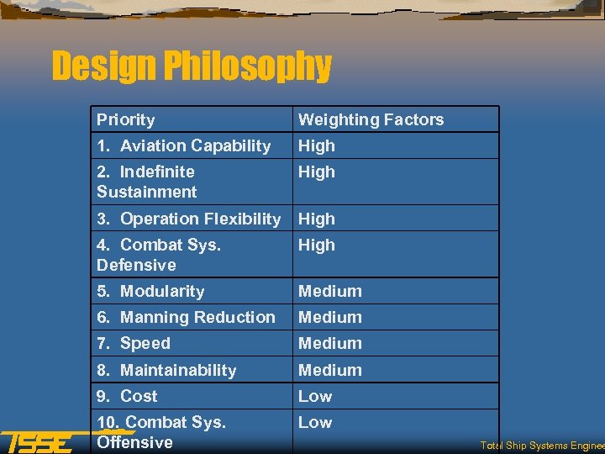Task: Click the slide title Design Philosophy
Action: pos(192,66)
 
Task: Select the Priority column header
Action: pos(126,119)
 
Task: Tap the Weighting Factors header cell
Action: pos(371,119)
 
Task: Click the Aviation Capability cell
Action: pos(184,145)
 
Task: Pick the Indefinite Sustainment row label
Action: pos(147,182)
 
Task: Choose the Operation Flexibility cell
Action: pos(189,219)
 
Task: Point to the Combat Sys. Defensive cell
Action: pos(158,255)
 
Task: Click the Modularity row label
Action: pos(151,291)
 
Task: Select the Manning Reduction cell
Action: pos(187,317)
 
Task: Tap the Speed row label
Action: pos(134,343)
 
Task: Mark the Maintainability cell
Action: pos(167,370)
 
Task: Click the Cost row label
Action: pos(128,396)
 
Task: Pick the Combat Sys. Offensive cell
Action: pos(161,432)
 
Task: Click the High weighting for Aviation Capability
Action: pos(317,145)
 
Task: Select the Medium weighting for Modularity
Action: pos(330,291)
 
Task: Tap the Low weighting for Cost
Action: pos(315,396)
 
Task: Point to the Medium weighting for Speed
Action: pos(330,343)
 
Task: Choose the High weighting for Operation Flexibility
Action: pos(317,219)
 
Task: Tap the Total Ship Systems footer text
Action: pos(542,446)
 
